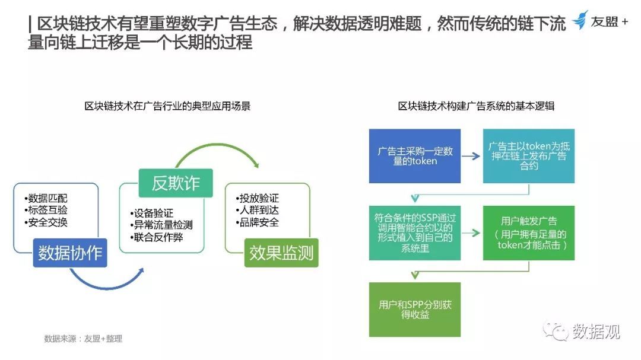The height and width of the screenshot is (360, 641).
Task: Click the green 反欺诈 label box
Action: pos(176,183)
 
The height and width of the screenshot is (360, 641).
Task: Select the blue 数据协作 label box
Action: pos(70,253)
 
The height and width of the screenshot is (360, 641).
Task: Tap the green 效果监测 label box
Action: pos(281,253)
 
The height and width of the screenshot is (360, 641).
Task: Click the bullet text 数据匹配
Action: pos(46,198)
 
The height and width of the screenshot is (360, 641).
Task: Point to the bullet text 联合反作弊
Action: pos(157,237)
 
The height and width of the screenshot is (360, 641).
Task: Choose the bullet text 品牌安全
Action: pos(257,222)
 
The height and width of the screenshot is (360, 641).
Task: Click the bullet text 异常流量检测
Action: pos(161,225)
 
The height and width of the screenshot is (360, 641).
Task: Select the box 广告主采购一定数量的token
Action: pos(415,156)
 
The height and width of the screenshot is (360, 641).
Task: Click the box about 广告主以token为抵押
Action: pos(529,156)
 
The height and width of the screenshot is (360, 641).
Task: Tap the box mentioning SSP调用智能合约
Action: pos(415,233)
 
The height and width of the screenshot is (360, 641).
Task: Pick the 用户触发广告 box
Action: pos(529,233)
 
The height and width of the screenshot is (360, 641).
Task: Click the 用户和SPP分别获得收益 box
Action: pos(415,310)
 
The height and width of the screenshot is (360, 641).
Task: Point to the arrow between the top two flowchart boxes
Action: pos(471,156)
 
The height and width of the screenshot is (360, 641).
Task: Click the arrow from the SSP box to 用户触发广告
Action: pos(471,233)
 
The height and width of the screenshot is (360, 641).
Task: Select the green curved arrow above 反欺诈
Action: pos(217,144)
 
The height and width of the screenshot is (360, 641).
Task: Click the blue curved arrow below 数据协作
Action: pos(107,288)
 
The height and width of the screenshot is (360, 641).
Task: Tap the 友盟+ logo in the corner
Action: pos(599,20)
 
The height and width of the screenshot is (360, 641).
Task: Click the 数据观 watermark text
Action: pos(596,332)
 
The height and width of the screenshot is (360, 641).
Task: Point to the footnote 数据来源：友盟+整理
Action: pos(83,339)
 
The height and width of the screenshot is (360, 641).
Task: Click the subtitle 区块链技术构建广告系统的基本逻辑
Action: pos(476,106)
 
